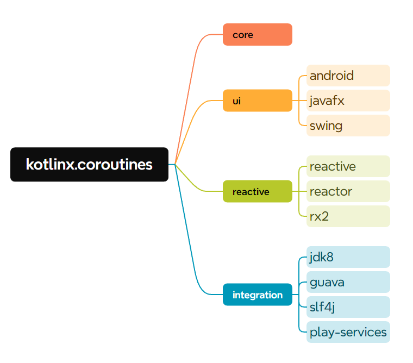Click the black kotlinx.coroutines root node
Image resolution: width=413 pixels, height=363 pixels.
click(89, 164)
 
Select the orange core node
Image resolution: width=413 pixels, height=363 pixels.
click(257, 35)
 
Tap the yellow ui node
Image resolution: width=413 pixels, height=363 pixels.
click(257, 101)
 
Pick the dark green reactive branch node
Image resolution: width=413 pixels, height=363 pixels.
click(257, 191)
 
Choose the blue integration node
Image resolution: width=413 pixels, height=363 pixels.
click(257, 295)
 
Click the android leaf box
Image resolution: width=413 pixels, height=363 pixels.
click(348, 76)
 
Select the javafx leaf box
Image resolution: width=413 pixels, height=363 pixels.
click(348, 101)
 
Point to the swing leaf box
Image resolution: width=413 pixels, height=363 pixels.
click(348, 126)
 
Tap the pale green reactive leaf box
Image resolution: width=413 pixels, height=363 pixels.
click(348, 166)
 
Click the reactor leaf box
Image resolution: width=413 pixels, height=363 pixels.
click(348, 191)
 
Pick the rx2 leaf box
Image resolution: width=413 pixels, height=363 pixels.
click(348, 216)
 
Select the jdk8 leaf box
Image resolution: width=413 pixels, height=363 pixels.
click(348, 257)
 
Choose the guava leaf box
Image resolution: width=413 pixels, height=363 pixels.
click(348, 282)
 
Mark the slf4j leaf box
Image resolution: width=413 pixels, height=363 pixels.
click(348, 307)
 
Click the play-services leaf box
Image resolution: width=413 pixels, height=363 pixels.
click(348, 332)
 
